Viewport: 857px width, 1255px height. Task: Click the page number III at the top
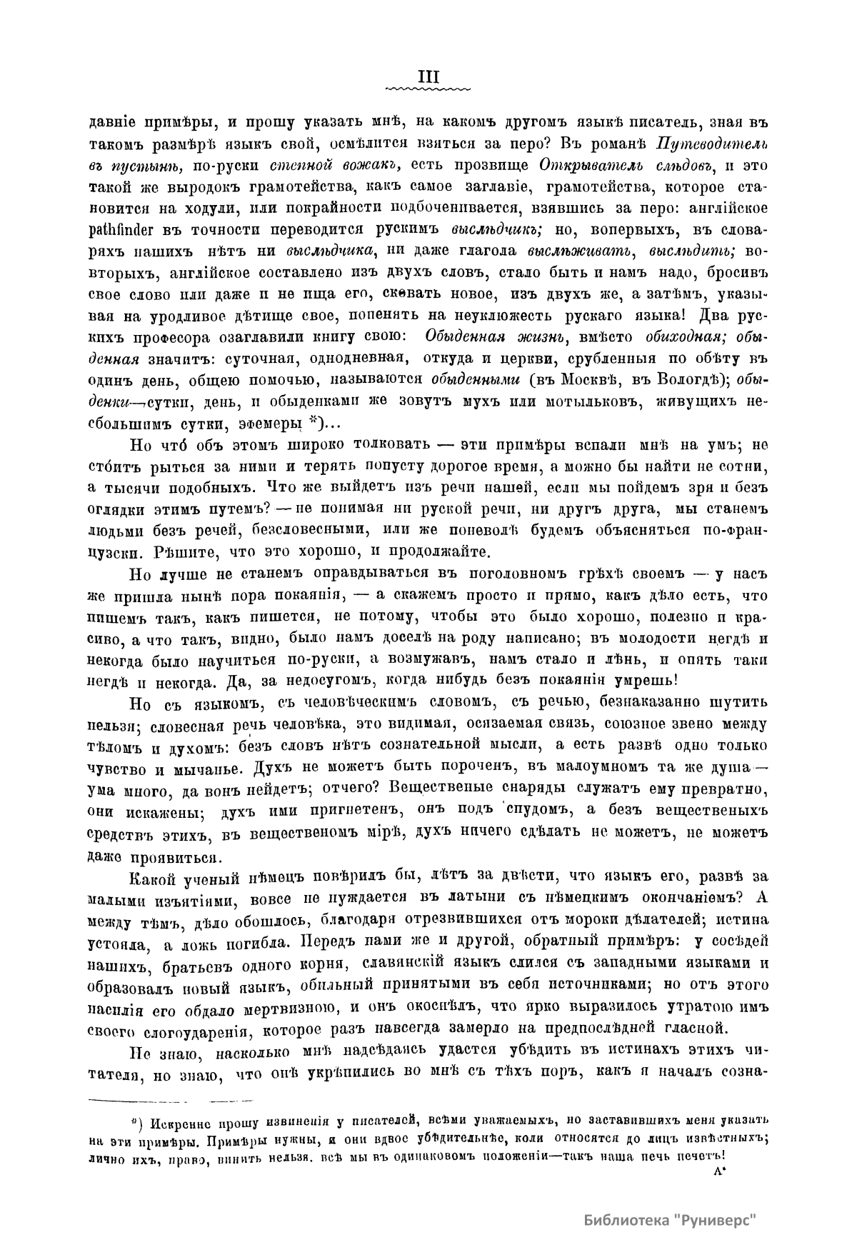(x=428, y=76)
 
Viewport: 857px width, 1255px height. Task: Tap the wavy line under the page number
(x=428, y=89)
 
